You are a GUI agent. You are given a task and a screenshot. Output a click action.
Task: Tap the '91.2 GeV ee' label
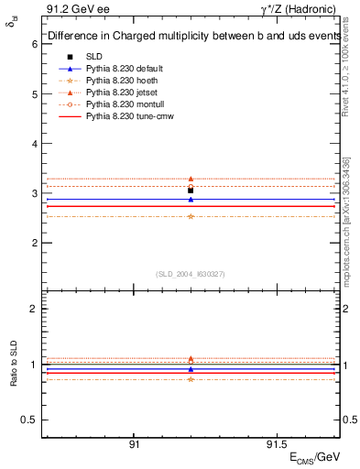click(x=75, y=9)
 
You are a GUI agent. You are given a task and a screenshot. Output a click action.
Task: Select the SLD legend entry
click(x=94, y=57)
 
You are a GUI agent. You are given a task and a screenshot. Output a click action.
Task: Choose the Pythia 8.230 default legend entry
click(x=124, y=69)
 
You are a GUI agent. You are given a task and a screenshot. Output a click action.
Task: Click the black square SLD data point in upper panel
click(x=191, y=190)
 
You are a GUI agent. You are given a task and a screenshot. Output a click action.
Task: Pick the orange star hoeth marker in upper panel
click(x=191, y=216)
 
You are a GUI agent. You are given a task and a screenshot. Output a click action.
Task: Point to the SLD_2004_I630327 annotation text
click(x=191, y=274)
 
